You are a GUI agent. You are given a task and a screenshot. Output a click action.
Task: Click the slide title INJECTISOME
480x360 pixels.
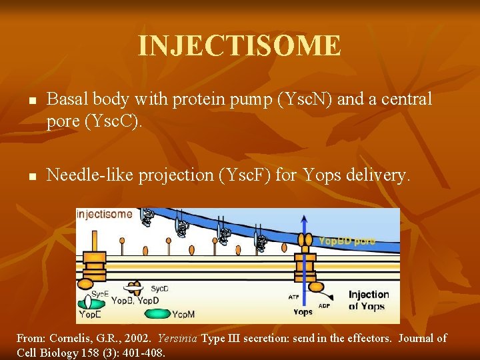tap(239, 46)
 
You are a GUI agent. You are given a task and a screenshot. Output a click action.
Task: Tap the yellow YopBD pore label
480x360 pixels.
tap(347, 241)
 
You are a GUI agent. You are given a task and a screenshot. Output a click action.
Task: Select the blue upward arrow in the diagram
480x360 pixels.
tap(306, 230)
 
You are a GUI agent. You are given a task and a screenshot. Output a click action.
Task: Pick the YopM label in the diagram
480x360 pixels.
tap(184, 314)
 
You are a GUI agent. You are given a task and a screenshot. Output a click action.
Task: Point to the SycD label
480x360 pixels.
tap(159, 288)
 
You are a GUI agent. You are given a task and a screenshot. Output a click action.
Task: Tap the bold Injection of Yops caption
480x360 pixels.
tap(369, 300)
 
